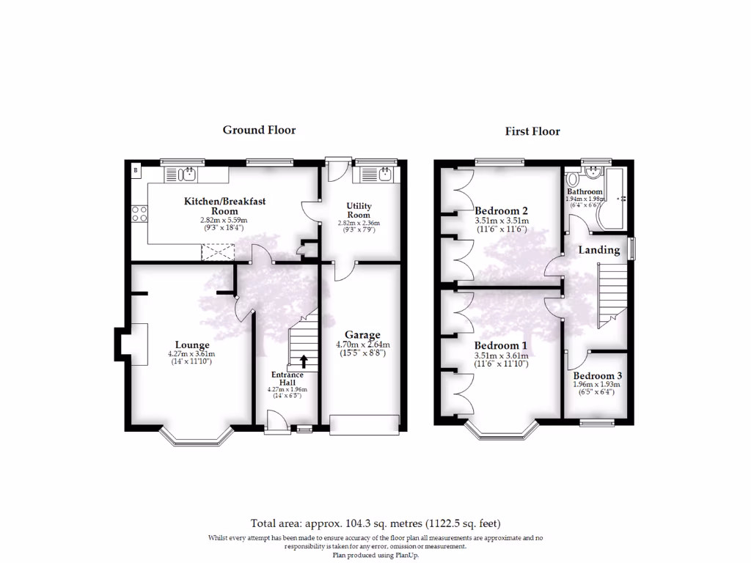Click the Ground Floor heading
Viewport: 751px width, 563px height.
259,130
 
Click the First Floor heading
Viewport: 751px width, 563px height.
532,131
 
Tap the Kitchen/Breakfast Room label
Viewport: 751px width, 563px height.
224,205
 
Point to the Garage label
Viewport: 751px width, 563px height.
362,336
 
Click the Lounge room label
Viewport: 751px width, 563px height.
192,345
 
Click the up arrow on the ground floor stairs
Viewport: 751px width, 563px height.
304,361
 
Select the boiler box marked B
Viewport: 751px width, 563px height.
136,171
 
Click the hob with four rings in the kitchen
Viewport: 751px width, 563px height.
139,214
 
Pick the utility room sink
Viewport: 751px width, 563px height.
384,174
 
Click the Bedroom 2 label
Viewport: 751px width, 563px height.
501,212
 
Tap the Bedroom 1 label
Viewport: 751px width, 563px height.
501,345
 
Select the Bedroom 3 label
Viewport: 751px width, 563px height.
597,376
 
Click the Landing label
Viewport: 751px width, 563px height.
599,250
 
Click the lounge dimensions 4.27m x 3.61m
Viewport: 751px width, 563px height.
192,354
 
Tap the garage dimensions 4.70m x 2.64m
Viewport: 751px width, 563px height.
362,345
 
